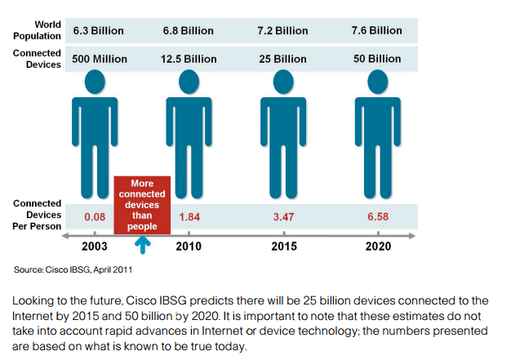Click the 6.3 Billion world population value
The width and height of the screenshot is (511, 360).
98,31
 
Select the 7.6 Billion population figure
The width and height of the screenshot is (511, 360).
376,31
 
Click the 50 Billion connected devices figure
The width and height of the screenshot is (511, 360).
376,59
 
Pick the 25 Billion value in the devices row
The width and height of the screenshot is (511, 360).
283,59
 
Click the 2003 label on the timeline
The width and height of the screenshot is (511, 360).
96,246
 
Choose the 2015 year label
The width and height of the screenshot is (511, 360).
283,246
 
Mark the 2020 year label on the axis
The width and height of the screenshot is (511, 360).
377,246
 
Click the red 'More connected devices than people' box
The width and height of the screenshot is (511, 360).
142,205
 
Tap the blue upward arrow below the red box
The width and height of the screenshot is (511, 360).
143,243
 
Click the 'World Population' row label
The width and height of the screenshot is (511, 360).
38,30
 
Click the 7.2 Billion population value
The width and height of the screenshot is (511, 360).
283,31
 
